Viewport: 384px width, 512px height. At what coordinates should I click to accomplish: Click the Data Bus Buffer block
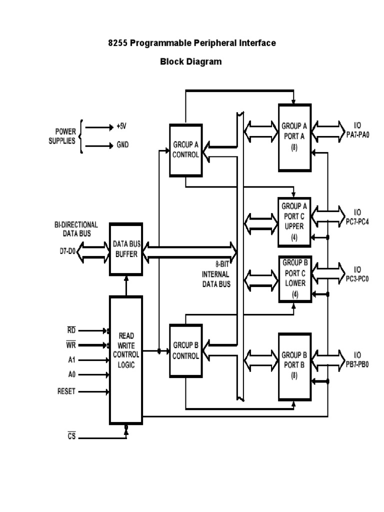pyautogui.click(x=125, y=248)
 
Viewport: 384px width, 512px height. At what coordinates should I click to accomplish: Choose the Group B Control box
pyautogui.click(x=185, y=350)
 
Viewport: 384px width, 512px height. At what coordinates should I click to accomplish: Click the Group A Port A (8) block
pyautogui.click(x=294, y=135)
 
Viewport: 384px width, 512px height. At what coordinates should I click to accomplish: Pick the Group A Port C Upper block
pyautogui.click(x=294, y=221)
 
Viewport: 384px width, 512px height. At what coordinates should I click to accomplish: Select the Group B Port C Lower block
pyautogui.click(x=294, y=278)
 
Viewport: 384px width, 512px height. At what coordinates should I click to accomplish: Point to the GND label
pyautogui.click(x=123, y=145)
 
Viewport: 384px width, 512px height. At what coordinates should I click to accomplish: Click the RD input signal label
pyautogui.click(x=72, y=330)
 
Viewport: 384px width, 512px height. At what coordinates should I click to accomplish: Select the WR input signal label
pyautogui.click(x=72, y=345)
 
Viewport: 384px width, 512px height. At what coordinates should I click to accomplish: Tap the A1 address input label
pyautogui.click(x=72, y=359)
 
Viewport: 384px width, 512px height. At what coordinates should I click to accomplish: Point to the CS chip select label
pyautogui.click(x=71, y=436)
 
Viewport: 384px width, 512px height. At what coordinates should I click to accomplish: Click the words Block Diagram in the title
pyautogui.click(x=191, y=62)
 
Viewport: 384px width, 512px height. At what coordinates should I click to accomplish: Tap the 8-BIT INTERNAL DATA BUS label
pyautogui.click(x=216, y=274)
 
